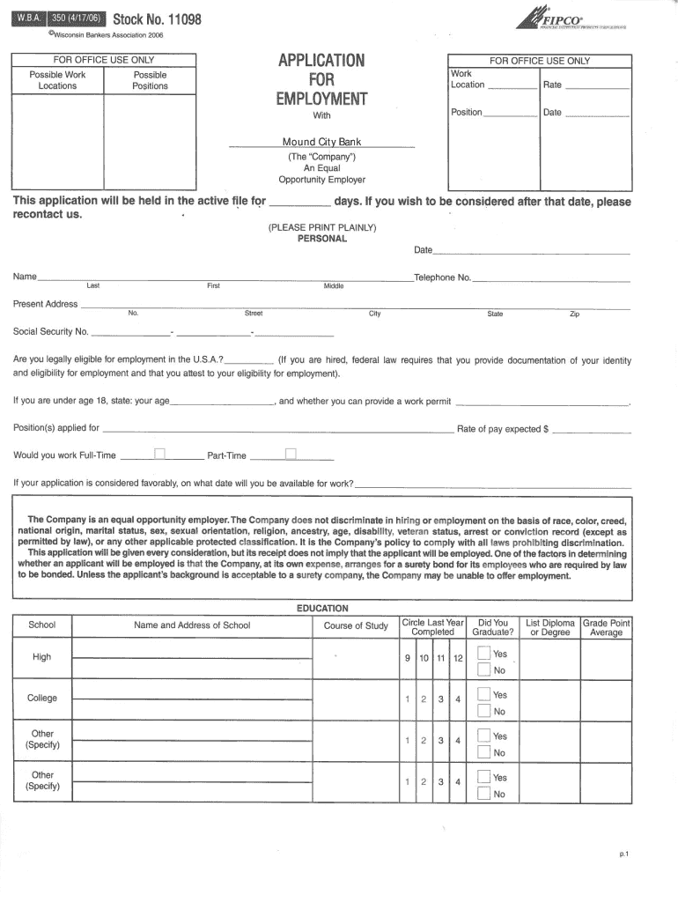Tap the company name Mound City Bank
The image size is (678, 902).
[x=321, y=142]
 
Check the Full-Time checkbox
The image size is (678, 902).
[x=159, y=455]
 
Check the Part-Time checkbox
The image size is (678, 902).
[x=291, y=455]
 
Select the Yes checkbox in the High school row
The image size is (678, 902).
[x=483, y=653]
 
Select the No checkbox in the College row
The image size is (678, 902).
[x=483, y=711]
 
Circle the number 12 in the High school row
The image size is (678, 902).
[x=457, y=659]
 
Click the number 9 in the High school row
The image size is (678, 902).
[x=407, y=659]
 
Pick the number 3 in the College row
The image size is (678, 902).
[x=440, y=699]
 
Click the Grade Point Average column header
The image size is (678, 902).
[x=606, y=626]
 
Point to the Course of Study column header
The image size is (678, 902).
[x=356, y=625]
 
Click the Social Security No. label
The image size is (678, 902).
[x=50, y=332]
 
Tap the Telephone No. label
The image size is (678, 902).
[x=442, y=277]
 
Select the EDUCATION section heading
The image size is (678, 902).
[x=322, y=608]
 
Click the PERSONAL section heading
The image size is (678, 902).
[x=322, y=239]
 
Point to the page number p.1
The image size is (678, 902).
[x=623, y=854]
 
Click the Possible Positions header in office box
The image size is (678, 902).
[x=150, y=80]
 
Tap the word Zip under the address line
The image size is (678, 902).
[x=574, y=314]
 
